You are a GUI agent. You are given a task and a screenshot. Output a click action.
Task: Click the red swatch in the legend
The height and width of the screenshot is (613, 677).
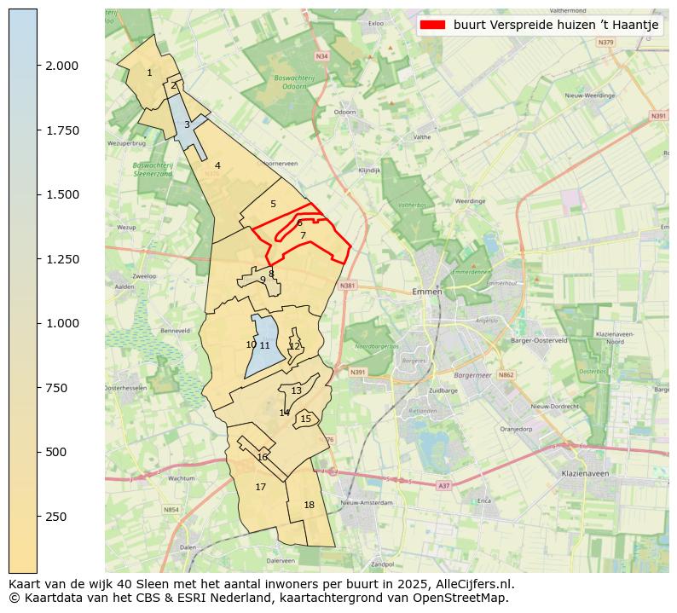[x=434, y=25]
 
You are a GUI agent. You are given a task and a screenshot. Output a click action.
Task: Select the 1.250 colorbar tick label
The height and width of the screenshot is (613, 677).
[x=62, y=259]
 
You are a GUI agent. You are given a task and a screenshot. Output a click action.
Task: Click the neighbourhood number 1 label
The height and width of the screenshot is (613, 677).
[x=149, y=73]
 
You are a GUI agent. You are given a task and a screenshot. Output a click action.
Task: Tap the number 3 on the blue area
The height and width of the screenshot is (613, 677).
[x=187, y=125]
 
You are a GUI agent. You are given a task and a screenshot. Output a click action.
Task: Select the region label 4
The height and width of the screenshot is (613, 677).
[x=217, y=166]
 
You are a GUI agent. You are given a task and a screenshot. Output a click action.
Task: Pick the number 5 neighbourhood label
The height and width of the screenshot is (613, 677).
[x=273, y=205]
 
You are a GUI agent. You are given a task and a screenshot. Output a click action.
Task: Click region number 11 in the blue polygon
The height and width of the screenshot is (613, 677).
[x=265, y=345]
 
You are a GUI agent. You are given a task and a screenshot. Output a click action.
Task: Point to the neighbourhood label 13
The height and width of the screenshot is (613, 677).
[x=296, y=390]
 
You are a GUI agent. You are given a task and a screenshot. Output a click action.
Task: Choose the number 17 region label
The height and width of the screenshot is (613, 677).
[x=260, y=488]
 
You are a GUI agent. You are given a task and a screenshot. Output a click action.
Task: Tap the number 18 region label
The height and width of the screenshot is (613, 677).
[x=309, y=505]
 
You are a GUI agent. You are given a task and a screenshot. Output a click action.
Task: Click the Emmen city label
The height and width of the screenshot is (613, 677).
[x=426, y=292]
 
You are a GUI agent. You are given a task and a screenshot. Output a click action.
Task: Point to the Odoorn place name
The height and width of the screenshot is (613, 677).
[x=345, y=112]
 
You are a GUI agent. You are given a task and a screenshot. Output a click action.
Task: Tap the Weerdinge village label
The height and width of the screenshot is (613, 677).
[x=470, y=201]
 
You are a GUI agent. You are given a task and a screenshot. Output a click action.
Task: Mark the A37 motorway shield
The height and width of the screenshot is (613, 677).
[x=443, y=485]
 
